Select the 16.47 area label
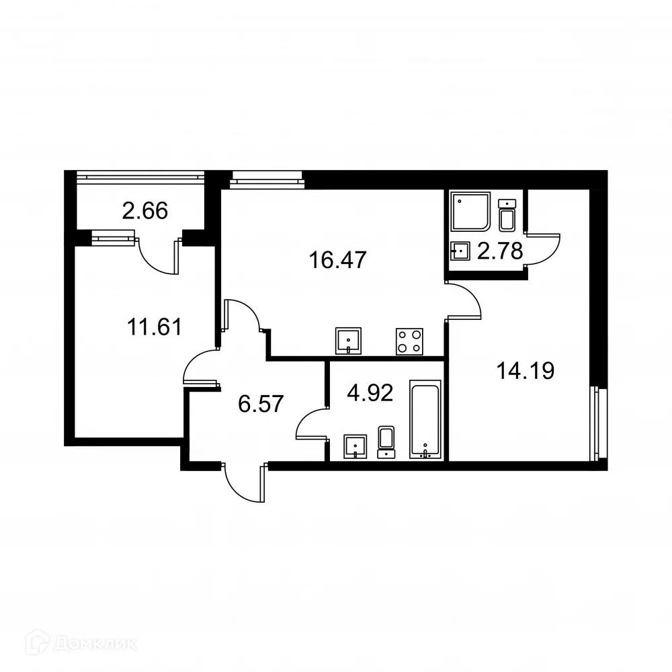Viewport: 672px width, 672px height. (338, 259)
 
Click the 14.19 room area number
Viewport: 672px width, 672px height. (525, 370)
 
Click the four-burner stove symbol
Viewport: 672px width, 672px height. (409, 341)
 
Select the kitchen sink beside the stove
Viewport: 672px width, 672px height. (349, 341)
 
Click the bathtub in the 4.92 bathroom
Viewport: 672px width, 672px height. (425, 420)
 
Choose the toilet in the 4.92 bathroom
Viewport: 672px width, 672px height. (386, 441)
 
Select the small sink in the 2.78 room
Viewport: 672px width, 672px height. (460, 251)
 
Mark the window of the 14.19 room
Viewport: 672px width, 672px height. (595, 423)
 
